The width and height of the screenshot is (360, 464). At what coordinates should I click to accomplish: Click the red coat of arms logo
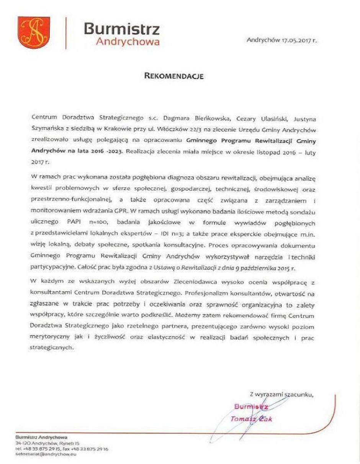pyautogui.click(x=34, y=32)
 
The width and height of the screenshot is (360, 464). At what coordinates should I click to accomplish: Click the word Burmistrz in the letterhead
pyautogui.click(x=121, y=28)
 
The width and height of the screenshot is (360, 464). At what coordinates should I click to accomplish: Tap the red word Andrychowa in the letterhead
pyautogui.click(x=128, y=42)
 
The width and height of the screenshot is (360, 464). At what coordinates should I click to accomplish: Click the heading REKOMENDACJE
pyautogui.click(x=174, y=76)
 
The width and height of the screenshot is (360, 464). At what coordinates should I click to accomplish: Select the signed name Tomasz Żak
pyautogui.click(x=251, y=419)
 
